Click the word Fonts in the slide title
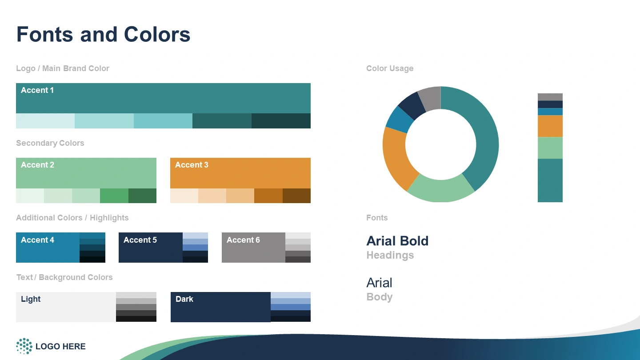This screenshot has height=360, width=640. point(45,34)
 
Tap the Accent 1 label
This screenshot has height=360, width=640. point(37,90)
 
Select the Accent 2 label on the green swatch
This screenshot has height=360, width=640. point(37,165)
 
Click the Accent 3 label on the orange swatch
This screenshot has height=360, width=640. point(192,165)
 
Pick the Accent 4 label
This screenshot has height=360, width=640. point(37,240)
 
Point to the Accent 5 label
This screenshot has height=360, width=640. point(140,240)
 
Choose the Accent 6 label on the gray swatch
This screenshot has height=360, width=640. point(243,240)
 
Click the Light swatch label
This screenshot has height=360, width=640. point(31,299)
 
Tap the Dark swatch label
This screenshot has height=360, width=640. point(184,299)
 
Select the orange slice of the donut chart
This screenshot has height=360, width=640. point(397,157)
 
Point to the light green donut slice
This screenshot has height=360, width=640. point(440,190)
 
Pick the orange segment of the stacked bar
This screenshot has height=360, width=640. point(550,126)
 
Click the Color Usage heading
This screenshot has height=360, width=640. point(390,68)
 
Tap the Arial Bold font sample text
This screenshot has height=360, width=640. point(397,241)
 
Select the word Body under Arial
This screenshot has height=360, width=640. point(380,297)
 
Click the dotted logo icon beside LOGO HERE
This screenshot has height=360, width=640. point(24,346)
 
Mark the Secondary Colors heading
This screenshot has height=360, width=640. point(50,143)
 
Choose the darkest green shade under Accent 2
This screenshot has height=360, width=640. point(142,196)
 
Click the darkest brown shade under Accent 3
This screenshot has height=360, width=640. point(296,196)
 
